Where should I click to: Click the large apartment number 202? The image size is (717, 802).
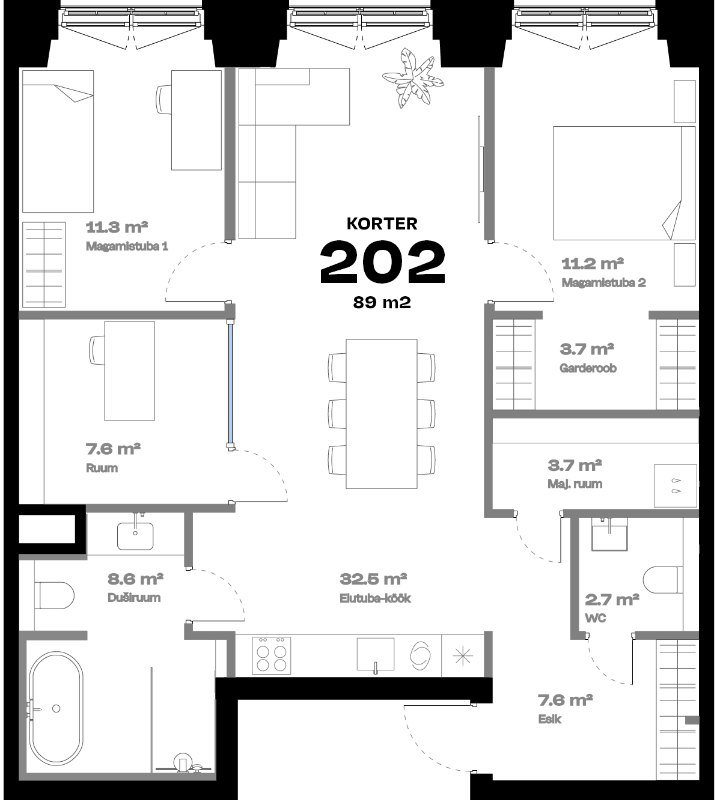(x=382, y=262)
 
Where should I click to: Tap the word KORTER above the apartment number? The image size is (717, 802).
(x=382, y=223)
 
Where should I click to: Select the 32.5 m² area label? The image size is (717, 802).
(x=373, y=579)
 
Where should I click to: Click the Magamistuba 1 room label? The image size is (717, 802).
(x=127, y=246)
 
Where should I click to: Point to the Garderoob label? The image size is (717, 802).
(x=588, y=368)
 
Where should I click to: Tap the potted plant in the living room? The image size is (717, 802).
(x=413, y=78)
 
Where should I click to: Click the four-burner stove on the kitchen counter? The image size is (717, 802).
(x=271, y=655)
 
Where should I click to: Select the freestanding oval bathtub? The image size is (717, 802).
(x=56, y=708)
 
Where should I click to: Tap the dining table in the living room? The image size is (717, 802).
(x=382, y=414)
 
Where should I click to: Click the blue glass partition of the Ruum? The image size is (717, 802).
(x=230, y=383)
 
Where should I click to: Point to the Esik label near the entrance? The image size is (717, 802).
(x=549, y=719)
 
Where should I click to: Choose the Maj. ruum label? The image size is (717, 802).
(x=575, y=484)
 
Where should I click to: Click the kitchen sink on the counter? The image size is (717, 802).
(x=376, y=655)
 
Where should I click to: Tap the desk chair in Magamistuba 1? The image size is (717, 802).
(x=163, y=99)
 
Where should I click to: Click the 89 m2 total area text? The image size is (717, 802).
(x=382, y=303)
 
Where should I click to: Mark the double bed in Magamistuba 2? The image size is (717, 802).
(x=624, y=183)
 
